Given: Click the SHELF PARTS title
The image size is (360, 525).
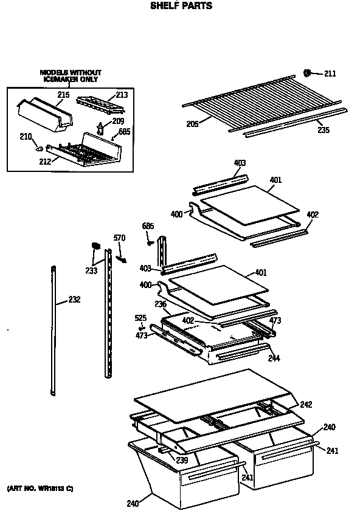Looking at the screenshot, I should (181, 5).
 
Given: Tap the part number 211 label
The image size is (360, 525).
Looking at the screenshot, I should (330, 74).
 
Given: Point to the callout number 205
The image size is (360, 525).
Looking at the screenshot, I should (193, 124).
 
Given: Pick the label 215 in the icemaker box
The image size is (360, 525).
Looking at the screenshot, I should (63, 95).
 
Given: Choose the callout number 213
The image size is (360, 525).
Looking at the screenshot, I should (122, 94).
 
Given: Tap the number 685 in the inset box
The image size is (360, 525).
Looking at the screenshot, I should (124, 131).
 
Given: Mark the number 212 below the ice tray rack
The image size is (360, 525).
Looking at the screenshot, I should (45, 161).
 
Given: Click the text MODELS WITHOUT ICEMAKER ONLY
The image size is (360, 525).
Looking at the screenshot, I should (71, 75).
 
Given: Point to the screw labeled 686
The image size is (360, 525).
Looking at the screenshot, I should (149, 242).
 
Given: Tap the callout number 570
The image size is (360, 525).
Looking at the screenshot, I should (119, 238).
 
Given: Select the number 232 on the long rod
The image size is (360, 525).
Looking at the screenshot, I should (74, 299).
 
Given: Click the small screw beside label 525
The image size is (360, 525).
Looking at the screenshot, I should (142, 327).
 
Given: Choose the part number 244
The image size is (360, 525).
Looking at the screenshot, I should (274, 358).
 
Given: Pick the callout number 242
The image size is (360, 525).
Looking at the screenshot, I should (306, 405).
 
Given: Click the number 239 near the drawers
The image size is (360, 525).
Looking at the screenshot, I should (182, 460).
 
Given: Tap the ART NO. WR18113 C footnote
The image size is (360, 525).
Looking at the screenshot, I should (40, 489).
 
